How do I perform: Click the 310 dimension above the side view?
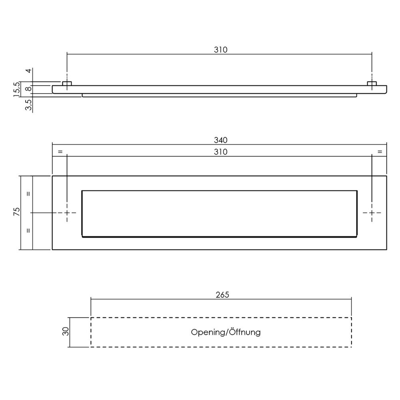point(220,50)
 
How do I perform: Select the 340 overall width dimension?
point(220,140)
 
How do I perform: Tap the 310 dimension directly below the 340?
point(220,152)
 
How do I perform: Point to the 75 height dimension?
point(16,212)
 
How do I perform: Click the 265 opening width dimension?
point(222,295)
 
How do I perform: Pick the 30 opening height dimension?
point(66,332)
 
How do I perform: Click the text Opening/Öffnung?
point(226,332)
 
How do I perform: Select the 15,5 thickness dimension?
point(16,90)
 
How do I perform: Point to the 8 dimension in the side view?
point(28,89)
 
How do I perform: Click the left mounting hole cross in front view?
point(67,213)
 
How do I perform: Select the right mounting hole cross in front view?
point(372,213)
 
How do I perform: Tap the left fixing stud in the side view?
point(67,83)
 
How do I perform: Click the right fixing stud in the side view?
point(372,83)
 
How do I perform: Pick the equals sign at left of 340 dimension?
point(60,152)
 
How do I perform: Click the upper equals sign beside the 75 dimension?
point(28,194)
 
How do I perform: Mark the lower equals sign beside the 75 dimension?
point(28,231)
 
